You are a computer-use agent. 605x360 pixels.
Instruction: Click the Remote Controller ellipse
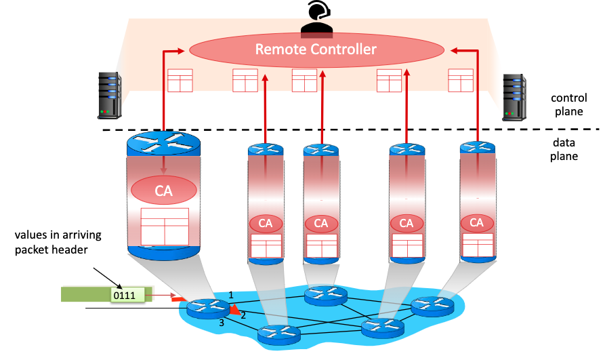(316, 49)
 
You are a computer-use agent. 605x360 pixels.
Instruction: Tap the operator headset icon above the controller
(316, 16)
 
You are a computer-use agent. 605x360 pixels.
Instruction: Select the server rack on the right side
(514, 98)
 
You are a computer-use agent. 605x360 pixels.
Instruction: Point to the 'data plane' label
(564, 150)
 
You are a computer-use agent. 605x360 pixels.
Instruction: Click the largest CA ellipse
(164, 191)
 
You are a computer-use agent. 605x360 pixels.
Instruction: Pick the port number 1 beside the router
(231, 294)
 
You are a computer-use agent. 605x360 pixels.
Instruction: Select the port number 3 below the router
(221, 323)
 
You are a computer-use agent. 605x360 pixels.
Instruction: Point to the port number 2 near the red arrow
(243, 315)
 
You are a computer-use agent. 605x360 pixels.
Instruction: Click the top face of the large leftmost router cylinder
(164, 143)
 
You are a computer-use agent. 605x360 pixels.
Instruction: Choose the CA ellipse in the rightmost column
(477, 222)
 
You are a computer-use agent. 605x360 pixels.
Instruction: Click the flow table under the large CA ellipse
(164, 226)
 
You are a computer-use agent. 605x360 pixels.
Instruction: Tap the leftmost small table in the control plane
(180, 81)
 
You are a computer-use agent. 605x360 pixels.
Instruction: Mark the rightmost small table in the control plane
(460, 80)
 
